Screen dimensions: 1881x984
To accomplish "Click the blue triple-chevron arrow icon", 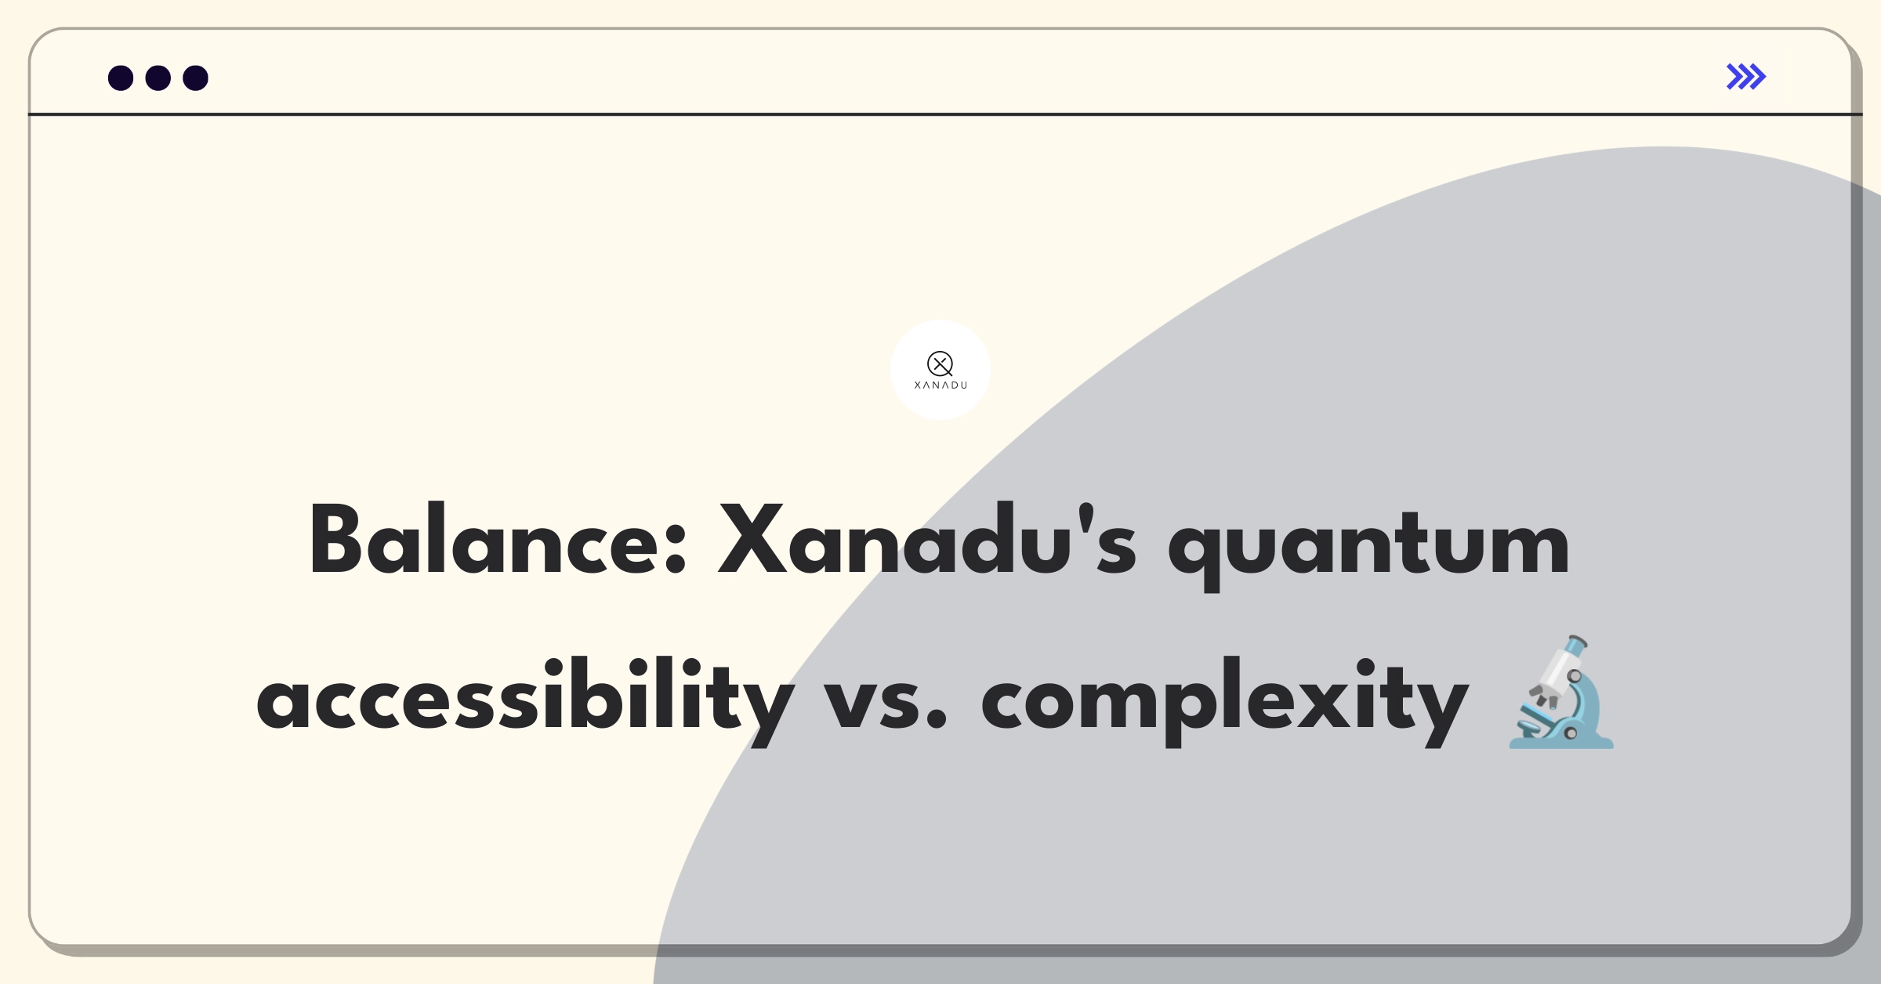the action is click(1746, 77).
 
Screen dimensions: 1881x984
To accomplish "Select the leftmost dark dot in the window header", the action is click(121, 78).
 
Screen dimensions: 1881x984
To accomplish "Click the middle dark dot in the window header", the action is click(158, 78).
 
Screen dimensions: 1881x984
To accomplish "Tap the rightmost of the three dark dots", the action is click(196, 78).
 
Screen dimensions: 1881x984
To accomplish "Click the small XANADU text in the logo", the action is click(940, 385).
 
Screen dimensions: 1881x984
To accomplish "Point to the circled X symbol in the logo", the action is click(940, 364).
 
